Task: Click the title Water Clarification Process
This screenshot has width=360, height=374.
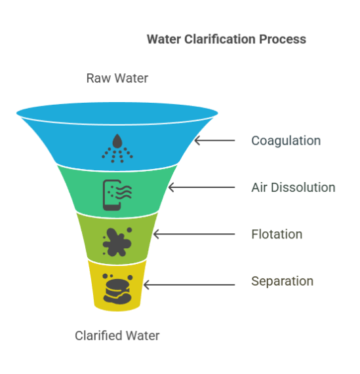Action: [226, 39]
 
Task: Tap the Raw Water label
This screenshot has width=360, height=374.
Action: [117, 78]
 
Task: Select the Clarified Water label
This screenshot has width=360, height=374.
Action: [117, 335]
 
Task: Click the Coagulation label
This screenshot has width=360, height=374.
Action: [286, 141]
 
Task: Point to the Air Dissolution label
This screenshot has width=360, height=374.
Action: [293, 187]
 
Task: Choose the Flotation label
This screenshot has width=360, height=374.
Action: [277, 234]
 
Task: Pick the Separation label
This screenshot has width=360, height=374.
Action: [283, 281]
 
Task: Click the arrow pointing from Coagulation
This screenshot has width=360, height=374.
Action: [214, 140]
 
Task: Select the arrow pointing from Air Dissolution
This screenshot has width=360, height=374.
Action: [201, 187]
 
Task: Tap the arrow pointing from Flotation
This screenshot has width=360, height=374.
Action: [194, 234]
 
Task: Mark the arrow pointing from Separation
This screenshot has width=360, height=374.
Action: [189, 284]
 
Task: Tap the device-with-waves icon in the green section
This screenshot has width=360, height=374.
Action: [117, 195]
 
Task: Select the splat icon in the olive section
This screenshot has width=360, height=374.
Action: [117, 242]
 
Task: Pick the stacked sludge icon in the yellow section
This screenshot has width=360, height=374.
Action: [117, 289]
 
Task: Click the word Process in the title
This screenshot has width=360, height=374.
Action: [283, 39]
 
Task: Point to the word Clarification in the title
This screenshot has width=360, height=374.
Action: [220, 39]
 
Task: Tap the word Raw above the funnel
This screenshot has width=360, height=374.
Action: [98, 78]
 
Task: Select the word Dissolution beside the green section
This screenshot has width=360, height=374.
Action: [303, 187]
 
